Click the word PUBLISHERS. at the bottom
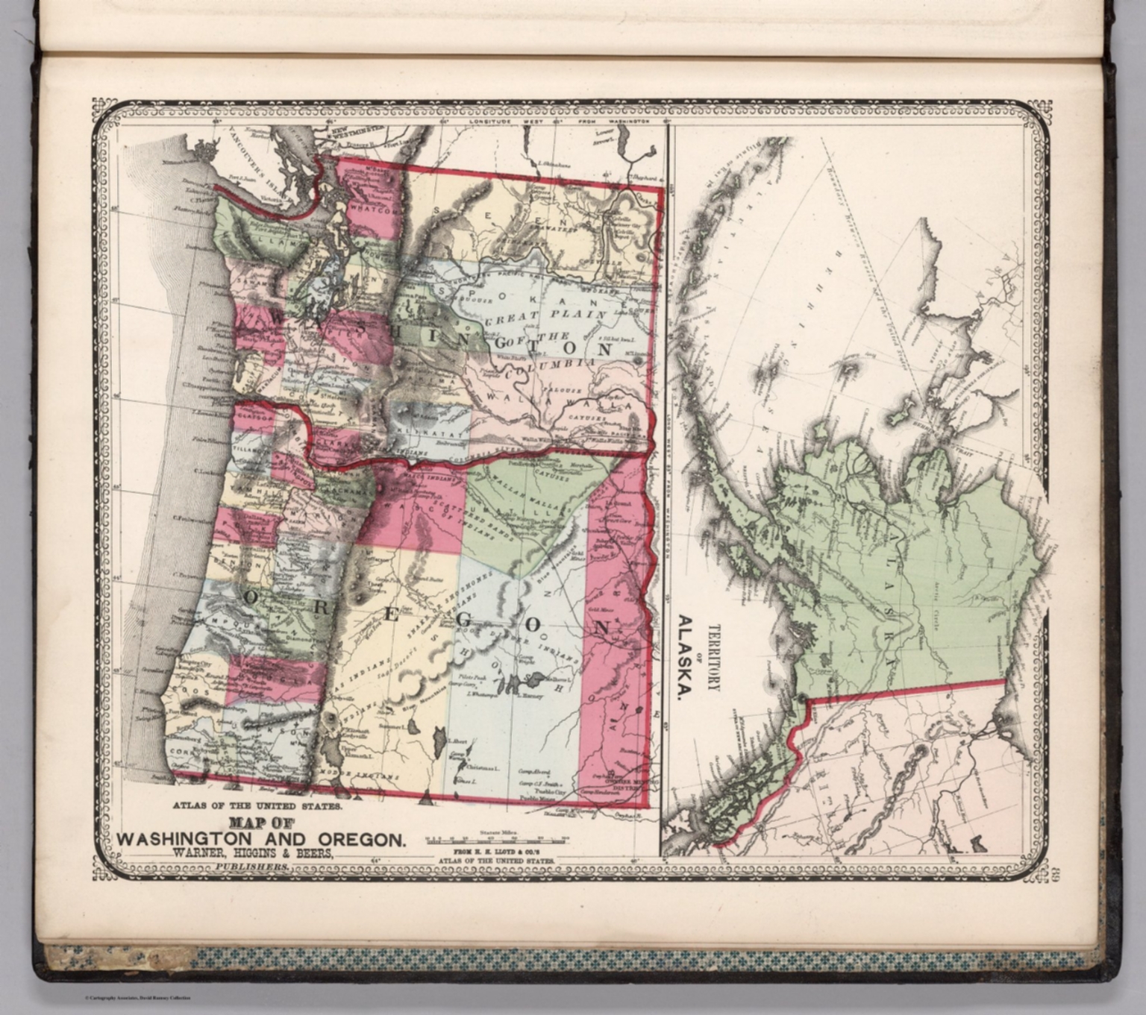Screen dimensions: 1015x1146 click(x=251, y=867)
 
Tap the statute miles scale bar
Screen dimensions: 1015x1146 click(x=496, y=839)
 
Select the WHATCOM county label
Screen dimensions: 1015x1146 click(x=371, y=210)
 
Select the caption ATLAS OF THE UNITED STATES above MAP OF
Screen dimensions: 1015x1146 click(x=257, y=806)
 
